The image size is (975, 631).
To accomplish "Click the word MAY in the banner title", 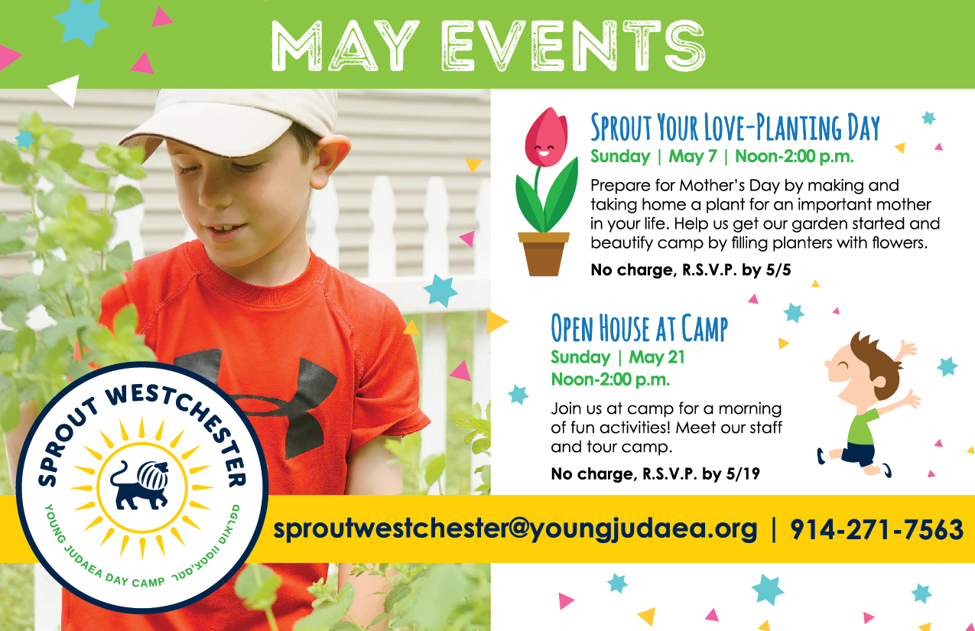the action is coord(344,46).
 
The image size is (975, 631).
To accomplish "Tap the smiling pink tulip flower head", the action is coord(546,137).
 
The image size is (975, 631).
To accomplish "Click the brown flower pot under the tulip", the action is coord(544,255).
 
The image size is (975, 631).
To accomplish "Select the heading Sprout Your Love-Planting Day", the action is coord(735,127).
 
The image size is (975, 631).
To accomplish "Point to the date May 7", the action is coord(693,156).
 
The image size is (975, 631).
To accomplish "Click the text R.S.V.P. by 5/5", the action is coord(736,270).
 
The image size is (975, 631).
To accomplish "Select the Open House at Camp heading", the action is coord(639,327).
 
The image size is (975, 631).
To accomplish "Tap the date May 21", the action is coord(657,357).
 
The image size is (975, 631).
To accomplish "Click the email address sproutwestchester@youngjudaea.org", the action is coord(515,529).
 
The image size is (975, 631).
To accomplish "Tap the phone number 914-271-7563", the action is coord(876,529).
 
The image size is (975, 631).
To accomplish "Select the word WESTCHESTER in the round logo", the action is coord(185,431).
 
